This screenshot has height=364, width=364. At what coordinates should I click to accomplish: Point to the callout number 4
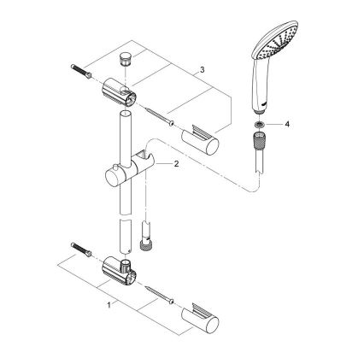[288, 125]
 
